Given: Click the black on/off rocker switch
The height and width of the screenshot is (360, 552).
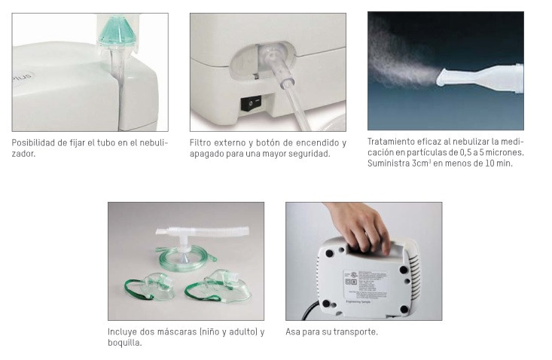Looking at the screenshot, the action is [251, 103].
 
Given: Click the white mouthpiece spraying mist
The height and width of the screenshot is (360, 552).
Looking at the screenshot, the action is [480, 79].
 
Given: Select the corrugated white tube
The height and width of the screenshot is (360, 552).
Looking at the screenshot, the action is [203, 232].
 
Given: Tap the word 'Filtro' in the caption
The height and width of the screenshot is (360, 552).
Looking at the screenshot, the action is [200, 143].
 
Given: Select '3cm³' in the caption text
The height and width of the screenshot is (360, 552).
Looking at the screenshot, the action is [421, 163].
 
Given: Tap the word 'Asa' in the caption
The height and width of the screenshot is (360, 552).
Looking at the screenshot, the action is [291, 332].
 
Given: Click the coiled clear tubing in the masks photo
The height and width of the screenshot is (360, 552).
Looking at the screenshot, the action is [186, 259].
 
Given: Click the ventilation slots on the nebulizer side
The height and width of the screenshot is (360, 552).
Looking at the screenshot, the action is [414, 274].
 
